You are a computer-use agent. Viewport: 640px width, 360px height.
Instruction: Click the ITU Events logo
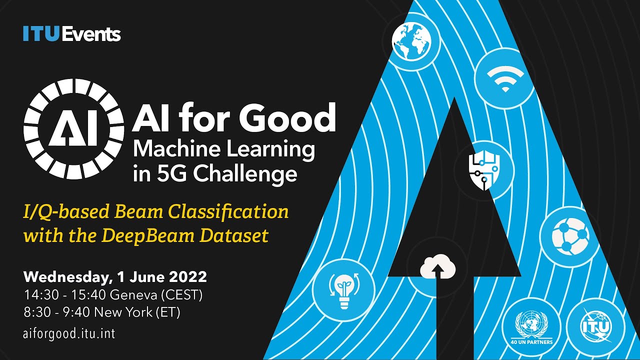tap(71, 34)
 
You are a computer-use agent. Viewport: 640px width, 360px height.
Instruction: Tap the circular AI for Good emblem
tap(74, 131)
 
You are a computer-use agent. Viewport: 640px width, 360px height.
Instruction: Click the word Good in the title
tap(287, 119)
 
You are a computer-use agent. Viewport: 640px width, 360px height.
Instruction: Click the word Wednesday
tap(59, 277)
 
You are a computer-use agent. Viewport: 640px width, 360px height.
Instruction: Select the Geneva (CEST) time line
tap(113, 295)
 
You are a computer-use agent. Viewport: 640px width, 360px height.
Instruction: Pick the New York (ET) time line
tap(102, 312)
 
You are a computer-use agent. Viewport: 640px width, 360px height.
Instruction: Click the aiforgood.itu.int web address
tap(69, 333)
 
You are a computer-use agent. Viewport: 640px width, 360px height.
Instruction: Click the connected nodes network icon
tap(570, 235)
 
